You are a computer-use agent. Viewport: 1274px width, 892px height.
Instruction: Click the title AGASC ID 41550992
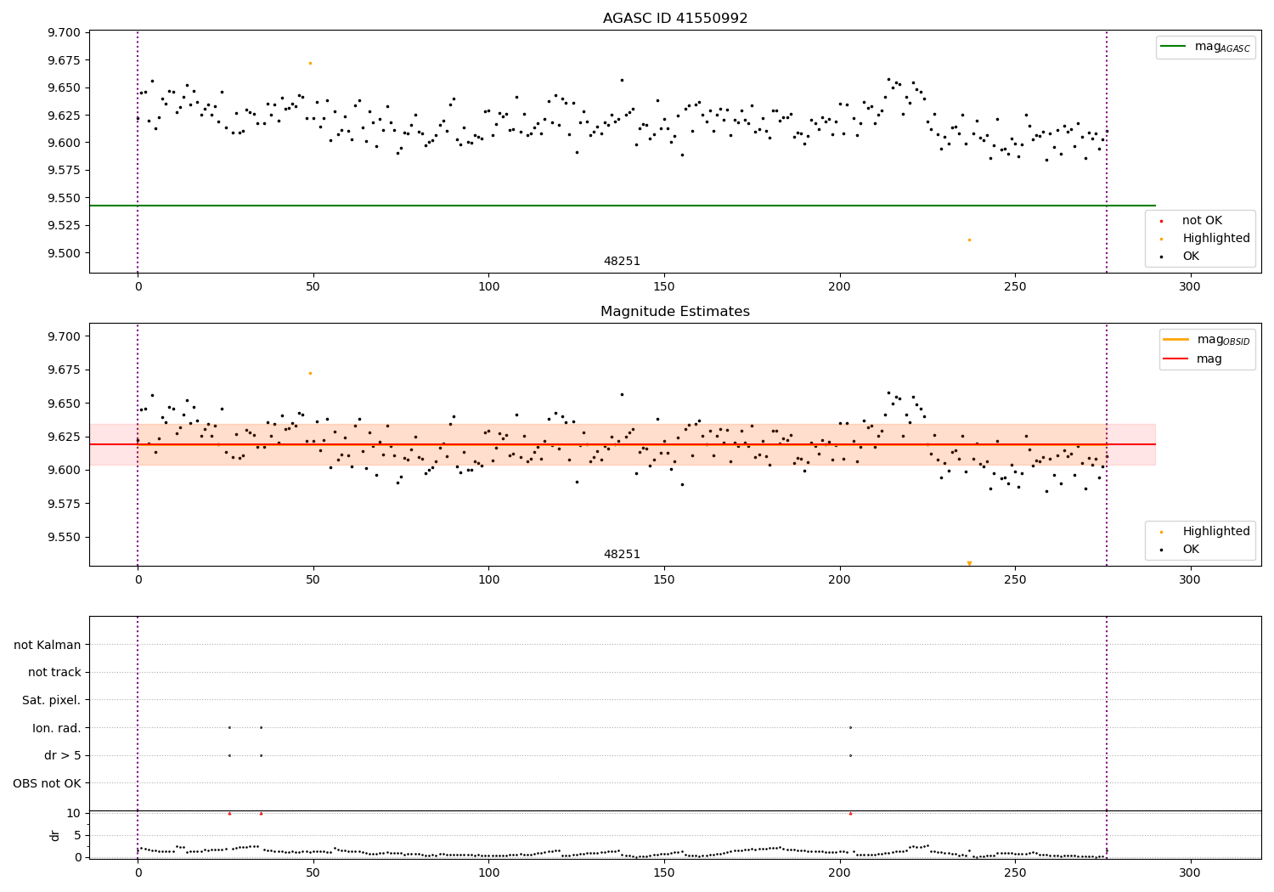pos(674,19)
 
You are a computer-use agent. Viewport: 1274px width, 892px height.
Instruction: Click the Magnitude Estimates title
pos(674,312)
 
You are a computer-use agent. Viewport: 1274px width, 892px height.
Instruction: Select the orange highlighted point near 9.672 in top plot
pos(310,63)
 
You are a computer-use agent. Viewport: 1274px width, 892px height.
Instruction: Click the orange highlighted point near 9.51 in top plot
pos(969,240)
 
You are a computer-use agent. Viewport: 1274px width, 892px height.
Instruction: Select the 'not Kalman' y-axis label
pos(48,645)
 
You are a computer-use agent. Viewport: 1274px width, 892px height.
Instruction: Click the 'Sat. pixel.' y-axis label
pos(52,700)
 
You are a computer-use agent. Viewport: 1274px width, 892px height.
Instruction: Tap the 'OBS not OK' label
pos(47,783)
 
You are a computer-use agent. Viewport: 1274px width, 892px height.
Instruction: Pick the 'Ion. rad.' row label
pos(57,728)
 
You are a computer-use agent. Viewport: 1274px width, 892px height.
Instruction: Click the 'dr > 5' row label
pos(63,755)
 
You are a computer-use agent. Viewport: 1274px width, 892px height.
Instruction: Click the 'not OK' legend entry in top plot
pos(1202,221)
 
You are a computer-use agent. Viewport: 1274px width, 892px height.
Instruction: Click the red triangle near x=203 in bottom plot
pos(850,813)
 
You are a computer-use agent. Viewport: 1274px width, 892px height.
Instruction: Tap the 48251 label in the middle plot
pos(622,554)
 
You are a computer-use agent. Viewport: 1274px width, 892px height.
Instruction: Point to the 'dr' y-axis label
pos(55,835)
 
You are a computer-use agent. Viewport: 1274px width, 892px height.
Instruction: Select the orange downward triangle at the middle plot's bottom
pos(969,563)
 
